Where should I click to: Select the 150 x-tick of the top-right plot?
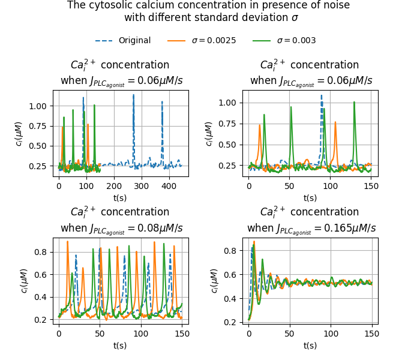[x=371, y=186]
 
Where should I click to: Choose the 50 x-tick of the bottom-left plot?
[x=100, y=333]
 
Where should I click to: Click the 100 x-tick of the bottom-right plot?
[x=331, y=333]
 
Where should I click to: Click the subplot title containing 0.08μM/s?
[x=120, y=220]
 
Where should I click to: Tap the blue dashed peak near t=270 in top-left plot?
[x=134, y=95]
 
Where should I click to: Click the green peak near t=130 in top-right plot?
[x=355, y=103]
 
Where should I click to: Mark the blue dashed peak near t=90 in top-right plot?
[x=322, y=96]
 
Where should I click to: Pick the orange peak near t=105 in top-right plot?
[x=335, y=122]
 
